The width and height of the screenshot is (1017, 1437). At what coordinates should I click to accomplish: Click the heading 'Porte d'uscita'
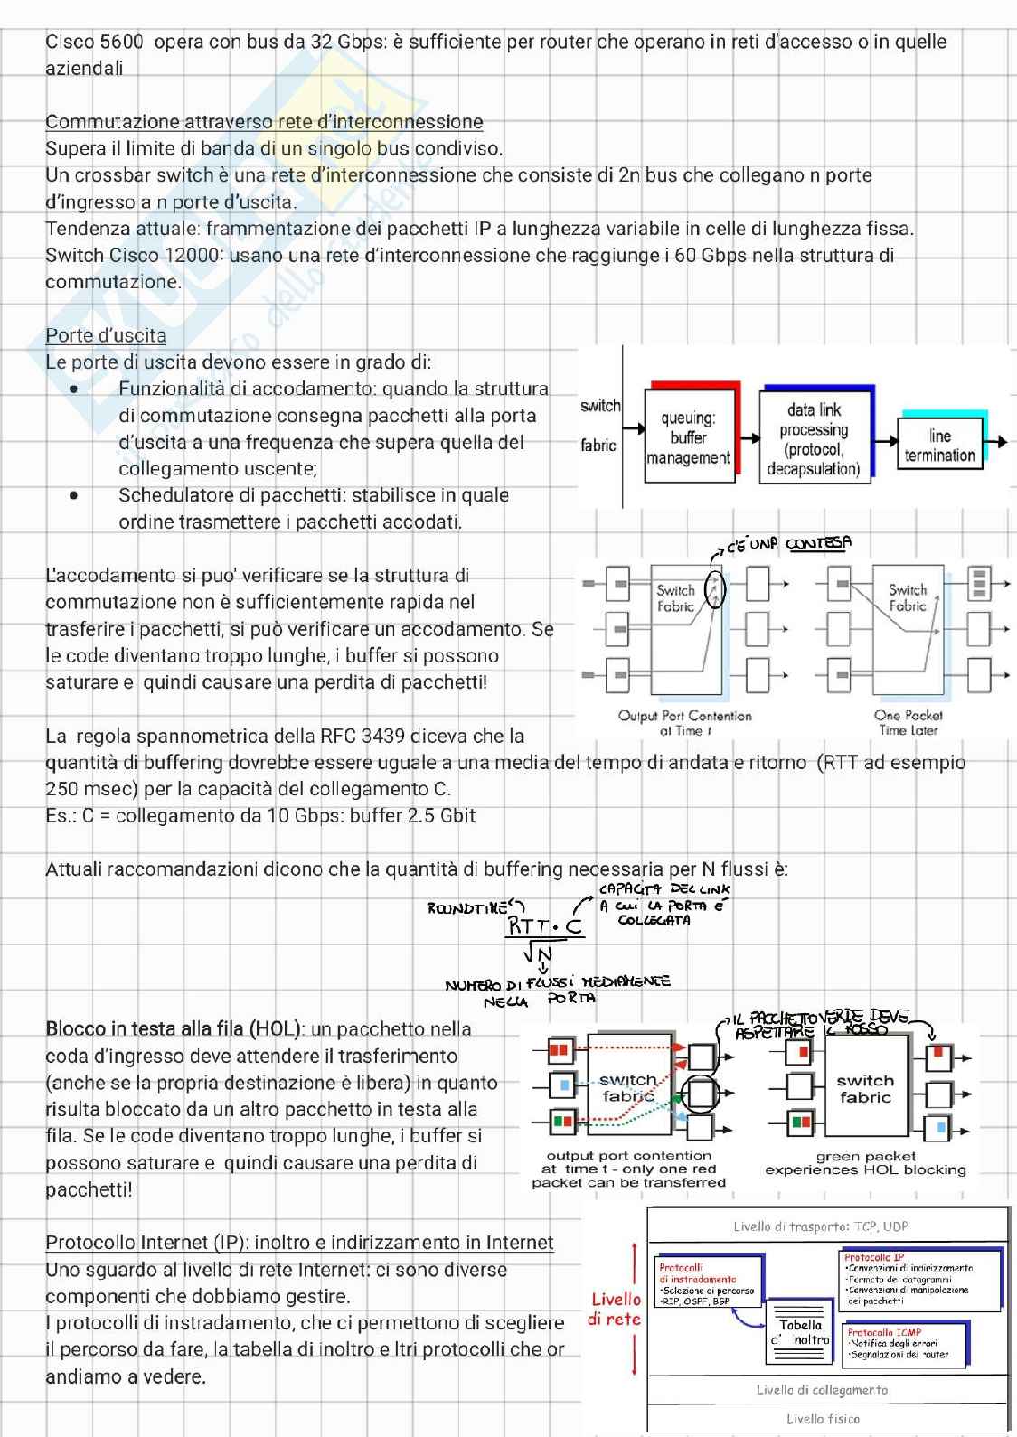tap(106, 335)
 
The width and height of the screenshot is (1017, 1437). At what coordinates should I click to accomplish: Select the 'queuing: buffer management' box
tap(688, 437)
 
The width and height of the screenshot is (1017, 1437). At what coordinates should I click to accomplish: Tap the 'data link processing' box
tap(813, 438)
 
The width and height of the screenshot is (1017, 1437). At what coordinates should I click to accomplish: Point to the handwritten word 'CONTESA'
tap(818, 543)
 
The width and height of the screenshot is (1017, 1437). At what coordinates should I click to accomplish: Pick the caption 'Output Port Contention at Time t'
tap(684, 722)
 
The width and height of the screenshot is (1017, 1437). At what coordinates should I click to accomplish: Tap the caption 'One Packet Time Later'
tap(908, 722)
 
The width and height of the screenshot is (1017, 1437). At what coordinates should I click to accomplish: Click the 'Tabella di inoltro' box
tap(800, 1332)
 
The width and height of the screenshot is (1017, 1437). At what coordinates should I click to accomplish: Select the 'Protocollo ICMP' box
tap(904, 1343)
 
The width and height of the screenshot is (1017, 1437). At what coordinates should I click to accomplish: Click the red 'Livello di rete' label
tap(616, 1309)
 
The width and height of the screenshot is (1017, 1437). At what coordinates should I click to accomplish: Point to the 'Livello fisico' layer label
tap(823, 1418)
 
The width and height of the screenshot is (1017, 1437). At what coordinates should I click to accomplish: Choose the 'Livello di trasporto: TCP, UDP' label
tap(820, 1226)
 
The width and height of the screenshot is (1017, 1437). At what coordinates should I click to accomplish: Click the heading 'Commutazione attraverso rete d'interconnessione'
tap(264, 121)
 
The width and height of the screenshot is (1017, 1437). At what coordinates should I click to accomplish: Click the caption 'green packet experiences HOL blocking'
tap(865, 1162)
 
